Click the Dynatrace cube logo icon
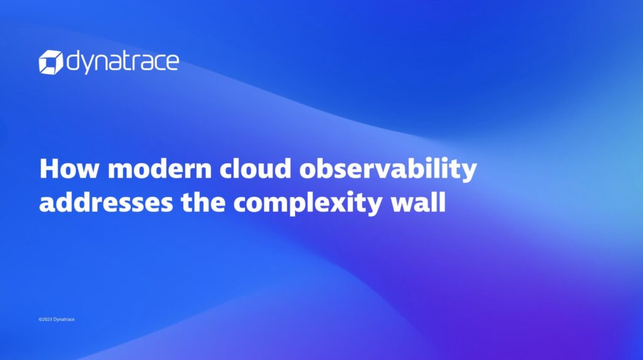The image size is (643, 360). coord(51,62)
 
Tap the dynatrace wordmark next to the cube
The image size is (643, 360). coord(122,62)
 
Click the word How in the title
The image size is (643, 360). coord(69,168)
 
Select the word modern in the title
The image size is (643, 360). coord(159,168)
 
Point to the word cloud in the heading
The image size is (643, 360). coord(255,168)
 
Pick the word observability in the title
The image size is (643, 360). coord(388,170)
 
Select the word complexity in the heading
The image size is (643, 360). coord(308,204)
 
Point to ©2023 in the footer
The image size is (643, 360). coord(45,319)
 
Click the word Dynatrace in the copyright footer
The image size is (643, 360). coord(64,319)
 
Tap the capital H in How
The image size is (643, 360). coord(49,169)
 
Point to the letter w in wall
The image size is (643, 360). coord(403,204)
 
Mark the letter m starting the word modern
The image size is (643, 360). coord(121,171)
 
